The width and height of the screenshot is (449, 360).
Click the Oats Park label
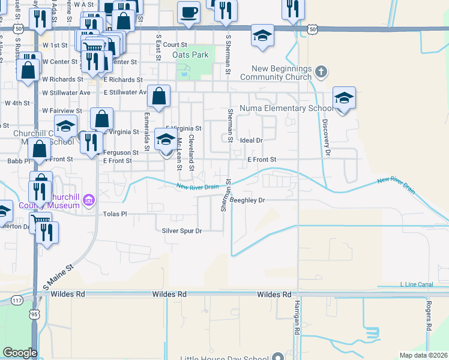pyautogui.click(x=190, y=55)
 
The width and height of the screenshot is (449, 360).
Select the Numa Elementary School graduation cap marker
pyautogui.click(x=344, y=97)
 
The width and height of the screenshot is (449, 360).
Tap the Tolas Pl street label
pyautogui.click(x=115, y=214)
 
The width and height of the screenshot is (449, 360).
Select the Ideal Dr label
pyautogui.click(x=252, y=140)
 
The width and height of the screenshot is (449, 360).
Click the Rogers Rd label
pyautogui.click(x=429, y=316)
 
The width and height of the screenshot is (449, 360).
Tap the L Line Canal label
pyautogui.click(x=416, y=284)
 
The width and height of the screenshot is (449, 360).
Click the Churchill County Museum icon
pyautogui.click(x=89, y=199)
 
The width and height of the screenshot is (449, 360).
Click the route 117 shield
pyautogui.click(x=17, y=299)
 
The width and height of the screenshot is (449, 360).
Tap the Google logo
pyautogui.click(x=20, y=353)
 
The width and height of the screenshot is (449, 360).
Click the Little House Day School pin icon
pyautogui.click(x=277, y=356)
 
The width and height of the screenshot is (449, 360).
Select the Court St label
pyautogui.click(x=175, y=44)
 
